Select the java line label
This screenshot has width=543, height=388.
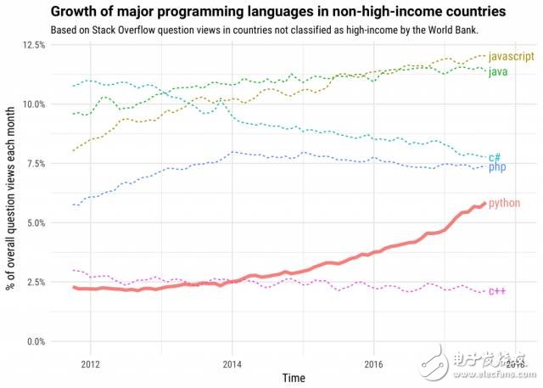pos(499,71)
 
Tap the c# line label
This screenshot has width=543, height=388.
pos(495,157)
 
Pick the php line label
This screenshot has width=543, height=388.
pos(497,167)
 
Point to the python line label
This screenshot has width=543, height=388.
pos(505,203)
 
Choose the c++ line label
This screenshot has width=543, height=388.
pos(496,291)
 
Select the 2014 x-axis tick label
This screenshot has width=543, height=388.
pos(231,363)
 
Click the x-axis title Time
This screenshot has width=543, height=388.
pos(294,377)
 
